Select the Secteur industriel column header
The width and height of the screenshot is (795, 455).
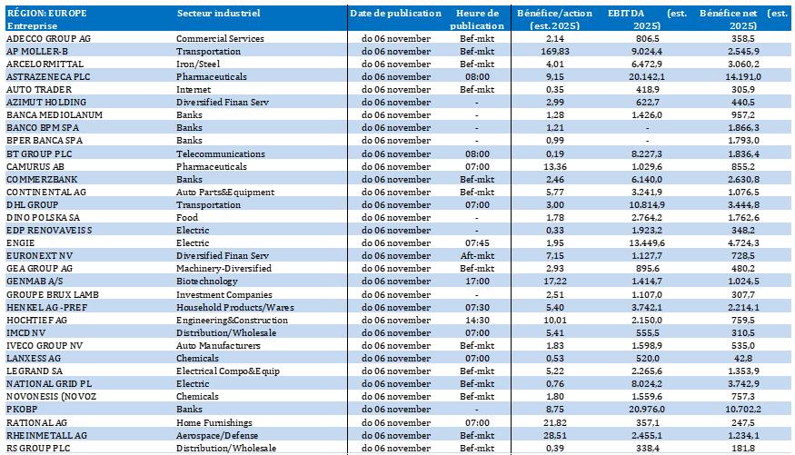[218, 14]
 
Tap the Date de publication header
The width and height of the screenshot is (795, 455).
[395, 14]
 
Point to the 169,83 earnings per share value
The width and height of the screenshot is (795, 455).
[553, 53]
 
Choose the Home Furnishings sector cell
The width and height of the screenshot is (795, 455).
[213, 423]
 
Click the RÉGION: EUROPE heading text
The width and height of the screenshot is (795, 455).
[46, 14]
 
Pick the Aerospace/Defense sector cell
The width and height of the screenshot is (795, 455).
[216, 436]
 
